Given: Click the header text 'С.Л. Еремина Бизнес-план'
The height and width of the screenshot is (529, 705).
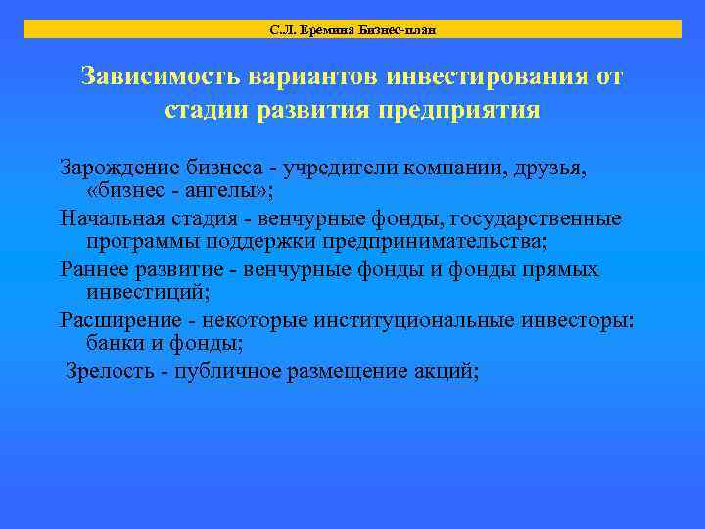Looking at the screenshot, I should pyautogui.click(x=352, y=30).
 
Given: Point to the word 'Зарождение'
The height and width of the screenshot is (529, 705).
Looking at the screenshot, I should pyautogui.click(x=113, y=168).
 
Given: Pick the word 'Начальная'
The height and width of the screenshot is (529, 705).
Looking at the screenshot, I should pyautogui.click(x=108, y=217).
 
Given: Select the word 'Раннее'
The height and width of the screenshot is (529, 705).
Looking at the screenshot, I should pyautogui.click(x=93, y=269).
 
